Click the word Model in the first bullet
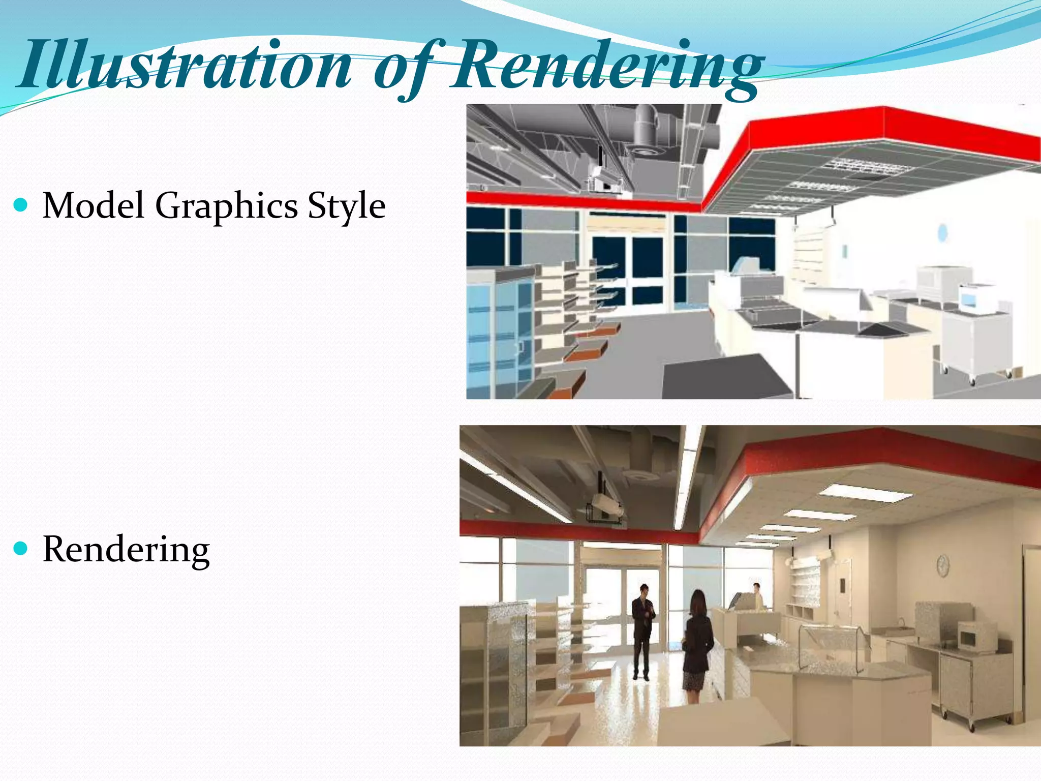click(x=94, y=205)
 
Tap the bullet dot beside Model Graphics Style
click(x=21, y=205)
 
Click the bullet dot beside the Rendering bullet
click(x=21, y=549)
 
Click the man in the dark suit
click(x=643, y=630)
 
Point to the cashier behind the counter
click(x=757, y=596)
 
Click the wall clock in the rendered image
click(x=943, y=565)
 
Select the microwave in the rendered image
click(x=977, y=635)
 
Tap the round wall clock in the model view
click(x=942, y=232)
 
